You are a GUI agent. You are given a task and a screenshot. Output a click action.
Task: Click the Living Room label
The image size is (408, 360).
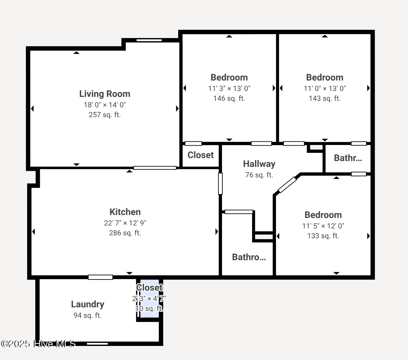(105, 94)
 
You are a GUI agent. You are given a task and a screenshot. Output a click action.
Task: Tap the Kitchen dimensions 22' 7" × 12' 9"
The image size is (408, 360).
(125, 223)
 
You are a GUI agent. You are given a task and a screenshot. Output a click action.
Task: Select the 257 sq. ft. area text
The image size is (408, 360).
(105, 115)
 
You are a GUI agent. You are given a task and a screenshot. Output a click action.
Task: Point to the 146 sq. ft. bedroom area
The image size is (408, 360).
(229, 99)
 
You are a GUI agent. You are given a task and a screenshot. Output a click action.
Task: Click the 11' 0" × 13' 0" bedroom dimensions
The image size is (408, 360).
(324, 88)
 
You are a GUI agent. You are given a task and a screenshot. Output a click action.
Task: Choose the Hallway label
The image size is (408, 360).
(259, 164)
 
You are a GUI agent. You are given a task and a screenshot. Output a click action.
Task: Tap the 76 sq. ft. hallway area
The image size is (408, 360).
(259, 175)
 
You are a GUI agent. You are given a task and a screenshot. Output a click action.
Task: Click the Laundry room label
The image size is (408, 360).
(88, 304)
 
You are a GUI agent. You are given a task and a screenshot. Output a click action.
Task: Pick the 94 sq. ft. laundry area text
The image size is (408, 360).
(88, 315)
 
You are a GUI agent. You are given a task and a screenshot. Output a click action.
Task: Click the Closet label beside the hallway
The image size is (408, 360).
(200, 155)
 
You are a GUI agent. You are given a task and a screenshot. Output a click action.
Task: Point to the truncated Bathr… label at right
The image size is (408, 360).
(348, 158)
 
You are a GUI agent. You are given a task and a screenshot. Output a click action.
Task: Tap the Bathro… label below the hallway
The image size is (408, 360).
(248, 257)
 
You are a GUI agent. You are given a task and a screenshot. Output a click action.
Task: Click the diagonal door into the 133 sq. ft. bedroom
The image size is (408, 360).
(287, 185)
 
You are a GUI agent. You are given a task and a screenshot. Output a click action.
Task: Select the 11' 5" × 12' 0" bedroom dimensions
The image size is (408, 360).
(323, 226)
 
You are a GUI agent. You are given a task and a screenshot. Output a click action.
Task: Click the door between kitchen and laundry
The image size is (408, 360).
(100, 277)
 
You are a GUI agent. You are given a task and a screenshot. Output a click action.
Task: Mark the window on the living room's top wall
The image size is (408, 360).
(149, 40)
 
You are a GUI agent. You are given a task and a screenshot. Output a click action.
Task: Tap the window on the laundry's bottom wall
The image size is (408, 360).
(97, 344)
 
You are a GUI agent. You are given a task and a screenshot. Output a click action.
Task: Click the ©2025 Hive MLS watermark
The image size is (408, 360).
(38, 344)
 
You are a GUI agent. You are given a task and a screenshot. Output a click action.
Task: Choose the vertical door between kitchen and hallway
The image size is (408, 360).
(220, 184)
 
